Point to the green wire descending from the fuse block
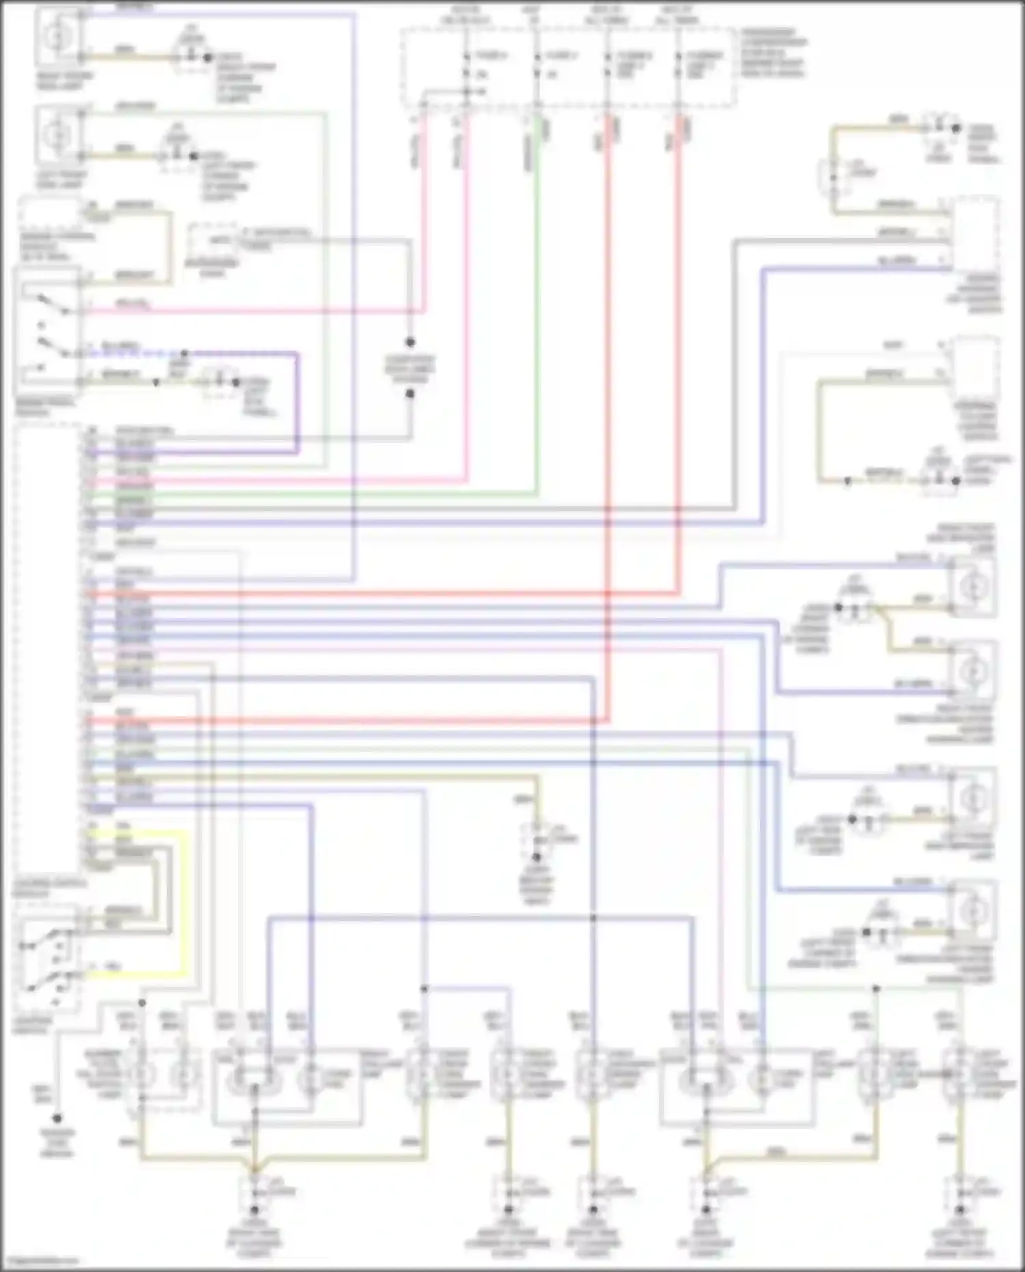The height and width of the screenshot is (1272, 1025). pos(537,308)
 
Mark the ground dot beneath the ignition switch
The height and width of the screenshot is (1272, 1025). pos(57,1119)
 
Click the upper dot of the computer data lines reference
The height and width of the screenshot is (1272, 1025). pos(410,342)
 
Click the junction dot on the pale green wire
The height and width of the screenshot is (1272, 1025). pos(875,988)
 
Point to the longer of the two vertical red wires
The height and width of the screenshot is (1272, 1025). pos(607,410)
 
